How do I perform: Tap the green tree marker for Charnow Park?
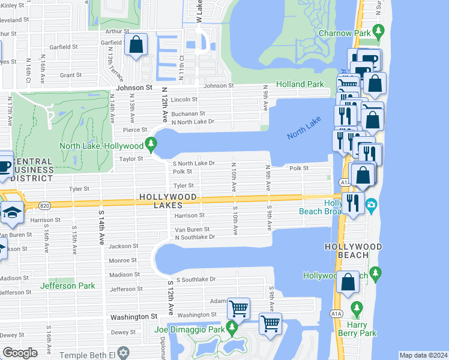click(378, 31)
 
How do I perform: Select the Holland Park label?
click(300, 85)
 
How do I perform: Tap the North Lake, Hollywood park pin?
click(151, 145)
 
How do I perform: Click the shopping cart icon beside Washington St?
click(239, 310)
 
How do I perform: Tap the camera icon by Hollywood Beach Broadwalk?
click(372, 205)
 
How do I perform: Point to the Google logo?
click(20, 353)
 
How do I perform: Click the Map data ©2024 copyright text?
click(423, 355)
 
